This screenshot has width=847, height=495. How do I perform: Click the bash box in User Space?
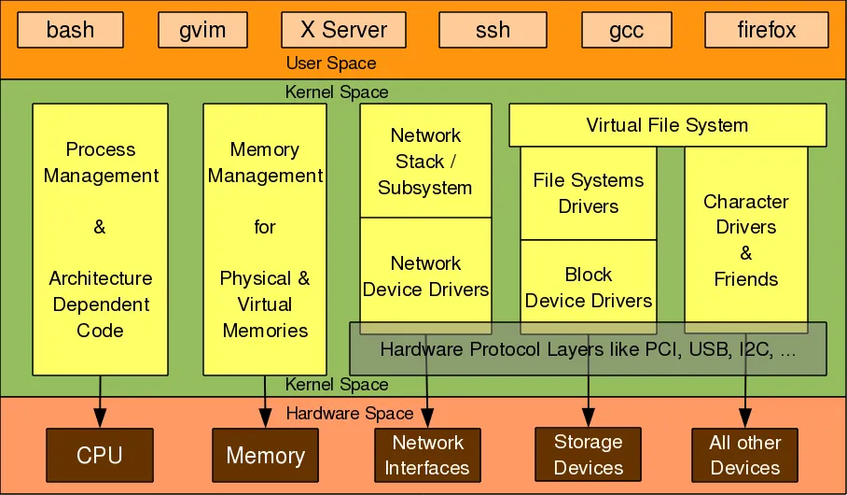(70, 30)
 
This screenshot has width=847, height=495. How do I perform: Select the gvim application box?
(202, 30)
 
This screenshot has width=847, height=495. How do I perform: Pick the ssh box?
(492, 30)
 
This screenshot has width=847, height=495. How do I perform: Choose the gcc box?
(625, 30)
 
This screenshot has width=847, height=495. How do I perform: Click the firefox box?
(766, 30)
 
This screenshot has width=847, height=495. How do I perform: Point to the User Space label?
(331, 64)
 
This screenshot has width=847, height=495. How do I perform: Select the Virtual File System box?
(667, 125)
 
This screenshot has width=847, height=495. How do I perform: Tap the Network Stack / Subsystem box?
(425, 161)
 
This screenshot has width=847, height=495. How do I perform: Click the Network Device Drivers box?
(425, 276)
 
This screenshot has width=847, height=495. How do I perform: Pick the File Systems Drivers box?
(588, 192)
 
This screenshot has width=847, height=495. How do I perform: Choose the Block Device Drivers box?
(588, 287)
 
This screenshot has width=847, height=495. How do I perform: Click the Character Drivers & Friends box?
(745, 240)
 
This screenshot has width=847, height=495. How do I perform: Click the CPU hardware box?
(100, 455)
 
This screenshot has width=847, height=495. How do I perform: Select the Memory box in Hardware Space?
(265, 455)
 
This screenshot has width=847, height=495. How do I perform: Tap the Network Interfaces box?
(427, 455)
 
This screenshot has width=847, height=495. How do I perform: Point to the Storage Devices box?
(588, 454)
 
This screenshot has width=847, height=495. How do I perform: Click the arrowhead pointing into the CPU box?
(100, 419)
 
